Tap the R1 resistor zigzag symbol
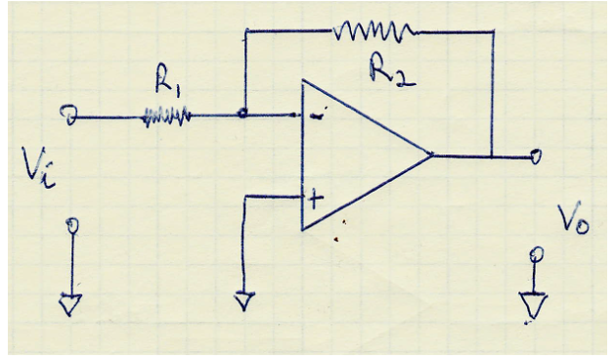click(x=164, y=117)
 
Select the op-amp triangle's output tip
click(x=431, y=155)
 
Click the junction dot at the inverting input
click(x=243, y=115)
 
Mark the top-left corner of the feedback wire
click(x=244, y=31)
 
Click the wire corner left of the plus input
click(x=243, y=198)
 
